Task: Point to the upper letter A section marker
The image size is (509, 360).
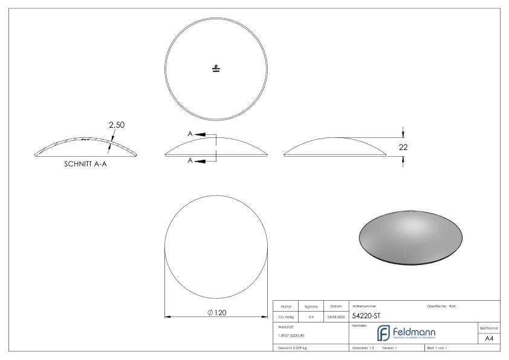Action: [x=190, y=134]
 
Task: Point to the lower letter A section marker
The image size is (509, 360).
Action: [x=190, y=160]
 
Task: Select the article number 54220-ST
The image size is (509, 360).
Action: [x=366, y=316]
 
